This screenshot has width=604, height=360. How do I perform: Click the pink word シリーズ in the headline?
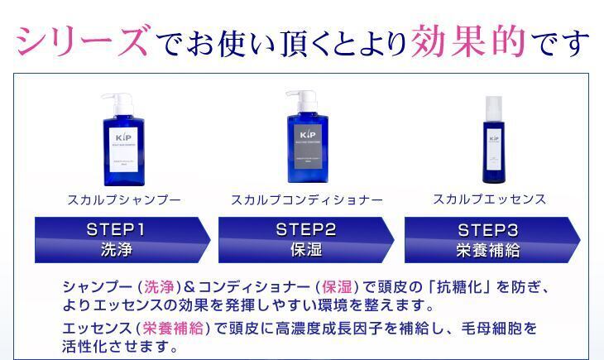(x=83, y=40)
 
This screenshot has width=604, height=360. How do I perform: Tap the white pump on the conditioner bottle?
(x=299, y=100)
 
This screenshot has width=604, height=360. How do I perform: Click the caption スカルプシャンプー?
(x=124, y=199)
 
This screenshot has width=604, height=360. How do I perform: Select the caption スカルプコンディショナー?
(x=307, y=199)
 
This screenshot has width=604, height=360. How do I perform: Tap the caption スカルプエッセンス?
(x=490, y=199)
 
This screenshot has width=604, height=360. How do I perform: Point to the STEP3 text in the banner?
(x=488, y=229)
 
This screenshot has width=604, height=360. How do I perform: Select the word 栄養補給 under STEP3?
(x=488, y=250)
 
